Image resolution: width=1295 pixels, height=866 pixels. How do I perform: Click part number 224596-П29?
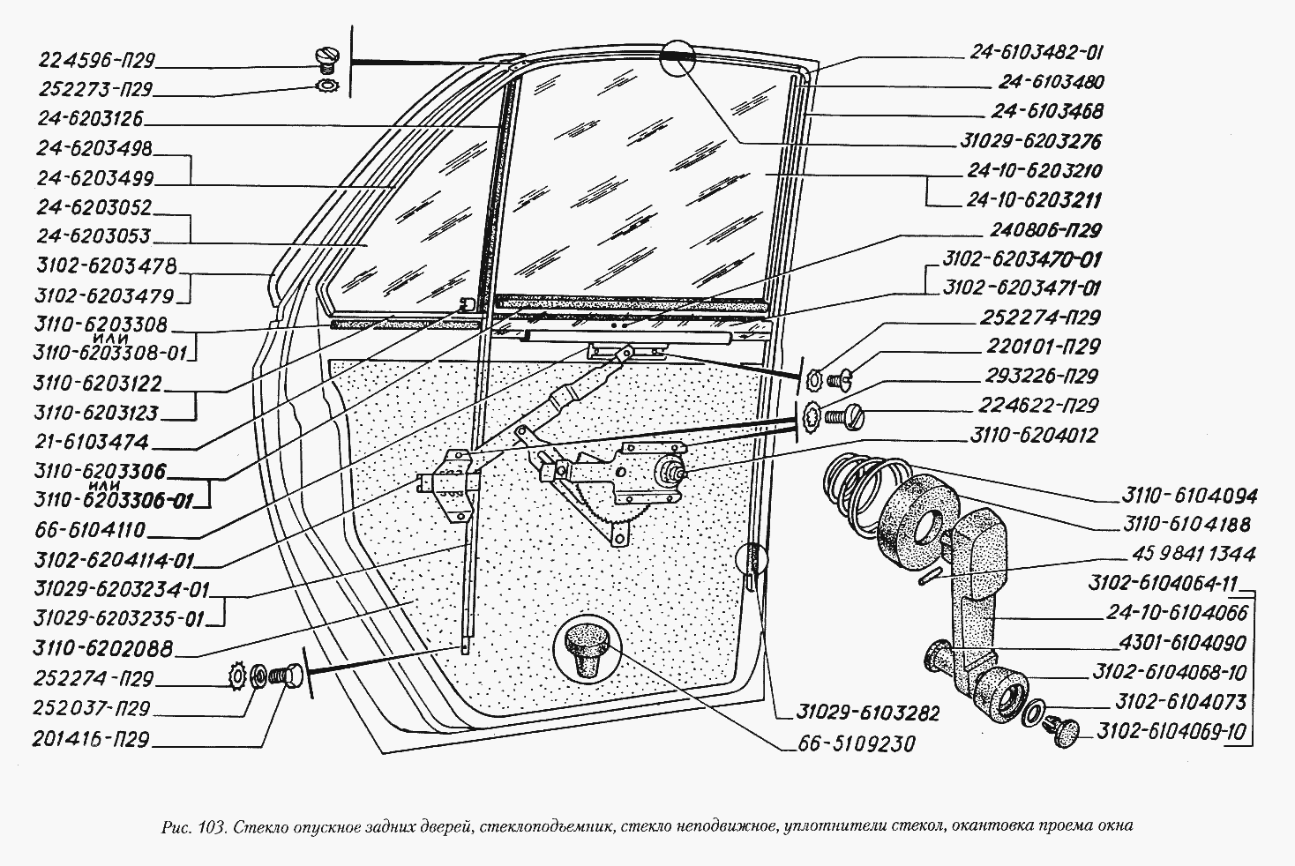(97, 61)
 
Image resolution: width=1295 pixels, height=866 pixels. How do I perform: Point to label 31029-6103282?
(852, 713)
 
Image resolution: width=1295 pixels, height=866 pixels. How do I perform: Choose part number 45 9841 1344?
(1189, 555)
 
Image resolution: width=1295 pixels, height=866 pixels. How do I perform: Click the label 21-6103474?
(93, 442)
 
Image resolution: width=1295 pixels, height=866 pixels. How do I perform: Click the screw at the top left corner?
(326, 59)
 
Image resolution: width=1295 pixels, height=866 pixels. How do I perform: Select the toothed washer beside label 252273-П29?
(326, 86)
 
